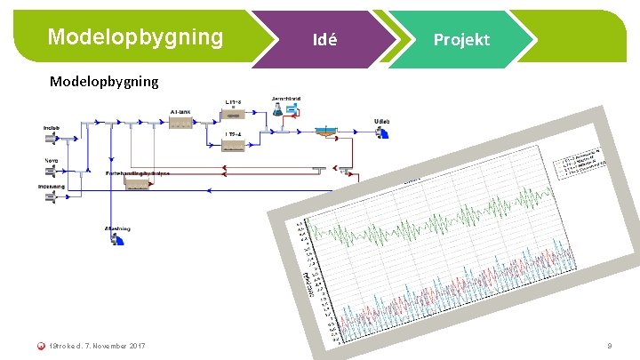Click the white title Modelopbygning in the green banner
click(135, 37)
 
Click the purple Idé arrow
click(324, 40)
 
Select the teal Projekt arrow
click(460, 40)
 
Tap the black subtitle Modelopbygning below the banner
click(104, 81)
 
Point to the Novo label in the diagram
click(52, 161)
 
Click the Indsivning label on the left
click(52, 186)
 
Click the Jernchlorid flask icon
click(278, 108)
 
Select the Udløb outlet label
click(382, 120)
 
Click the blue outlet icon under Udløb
click(383, 134)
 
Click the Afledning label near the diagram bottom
click(117, 228)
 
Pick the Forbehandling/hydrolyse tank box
click(137, 185)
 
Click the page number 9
click(609, 345)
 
